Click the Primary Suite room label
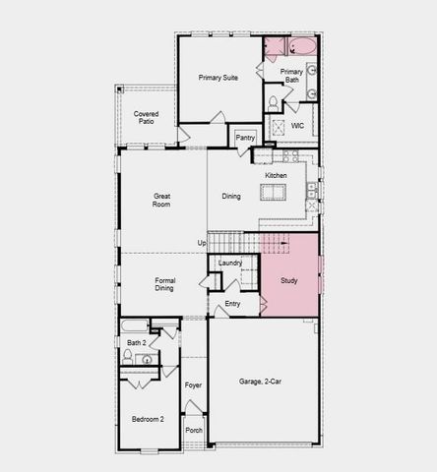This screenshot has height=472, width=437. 218,77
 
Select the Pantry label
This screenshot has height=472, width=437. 245,138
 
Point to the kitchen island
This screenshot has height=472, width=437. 275,190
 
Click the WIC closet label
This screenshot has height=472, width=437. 296,126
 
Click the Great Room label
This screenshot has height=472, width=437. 162,201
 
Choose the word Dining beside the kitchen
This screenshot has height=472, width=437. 230,197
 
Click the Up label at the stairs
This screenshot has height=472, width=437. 202,243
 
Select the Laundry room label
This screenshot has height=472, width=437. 230,263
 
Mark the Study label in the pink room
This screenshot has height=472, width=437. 288,281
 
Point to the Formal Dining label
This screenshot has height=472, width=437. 164,285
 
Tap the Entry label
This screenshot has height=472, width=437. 232,304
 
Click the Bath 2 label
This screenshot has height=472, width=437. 137,342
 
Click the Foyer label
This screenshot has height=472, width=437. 194,384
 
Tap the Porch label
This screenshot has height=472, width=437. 194,430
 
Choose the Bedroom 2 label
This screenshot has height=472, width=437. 148,420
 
